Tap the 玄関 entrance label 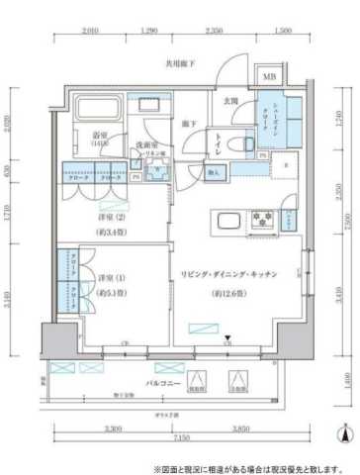coord(229,101)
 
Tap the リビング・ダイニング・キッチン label coord(227,273)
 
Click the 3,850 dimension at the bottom coord(242,427)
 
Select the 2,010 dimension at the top coord(90,32)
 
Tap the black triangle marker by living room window coord(227,339)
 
